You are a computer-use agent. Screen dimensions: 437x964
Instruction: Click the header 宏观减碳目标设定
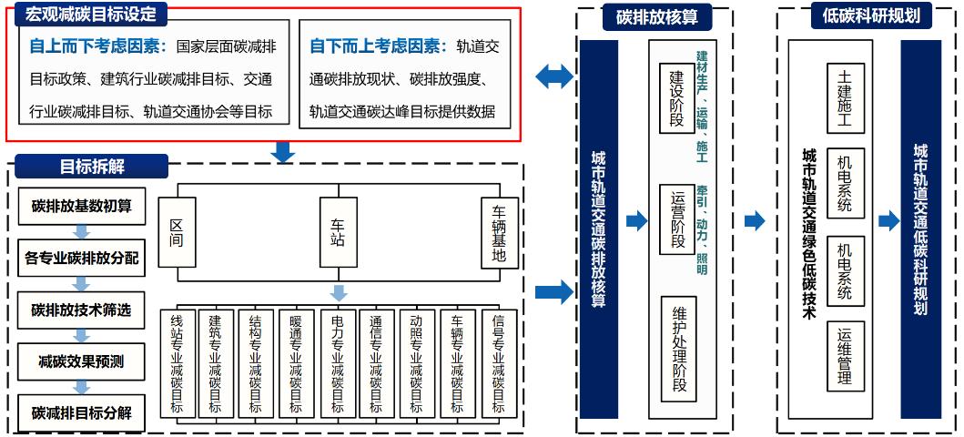(x=91, y=15)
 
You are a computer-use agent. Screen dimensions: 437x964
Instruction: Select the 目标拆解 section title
(x=91, y=167)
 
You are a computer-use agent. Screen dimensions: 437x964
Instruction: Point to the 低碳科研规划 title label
(x=858, y=16)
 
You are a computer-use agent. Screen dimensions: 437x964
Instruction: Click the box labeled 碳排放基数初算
(x=81, y=206)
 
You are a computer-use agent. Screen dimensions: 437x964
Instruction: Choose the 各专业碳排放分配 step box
(x=81, y=258)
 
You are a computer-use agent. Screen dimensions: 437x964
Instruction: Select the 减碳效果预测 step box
(x=81, y=361)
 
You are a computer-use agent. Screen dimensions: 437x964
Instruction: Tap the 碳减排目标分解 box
(x=81, y=412)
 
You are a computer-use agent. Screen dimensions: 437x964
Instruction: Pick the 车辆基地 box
(x=499, y=232)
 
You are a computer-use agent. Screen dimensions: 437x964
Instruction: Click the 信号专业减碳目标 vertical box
(x=499, y=363)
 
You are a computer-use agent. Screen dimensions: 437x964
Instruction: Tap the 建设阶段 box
(x=677, y=100)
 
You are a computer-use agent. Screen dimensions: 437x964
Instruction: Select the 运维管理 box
(x=844, y=356)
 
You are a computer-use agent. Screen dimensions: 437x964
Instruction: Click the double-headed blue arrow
(x=554, y=77)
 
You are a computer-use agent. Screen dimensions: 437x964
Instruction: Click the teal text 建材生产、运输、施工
(x=702, y=100)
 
